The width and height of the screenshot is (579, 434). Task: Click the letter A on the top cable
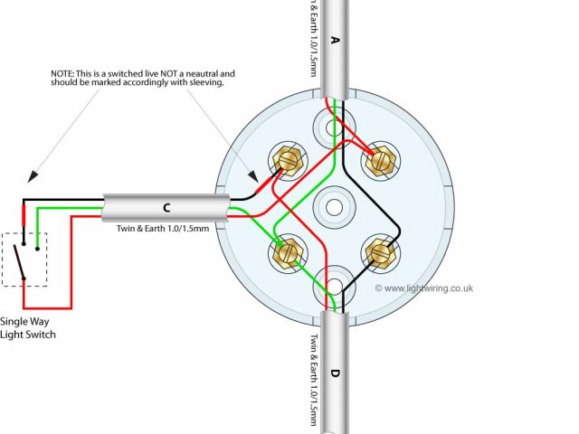(x=335, y=40)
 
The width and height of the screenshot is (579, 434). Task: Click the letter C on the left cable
(x=166, y=208)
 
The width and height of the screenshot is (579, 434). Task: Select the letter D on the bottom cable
(x=335, y=373)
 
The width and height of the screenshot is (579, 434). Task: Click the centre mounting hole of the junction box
(x=334, y=207)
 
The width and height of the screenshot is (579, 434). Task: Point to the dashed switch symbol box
(x=24, y=259)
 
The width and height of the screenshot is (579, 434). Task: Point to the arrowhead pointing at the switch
(x=31, y=176)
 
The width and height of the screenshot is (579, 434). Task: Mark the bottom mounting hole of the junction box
(x=333, y=286)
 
